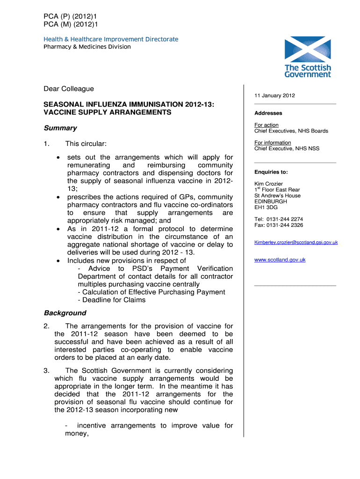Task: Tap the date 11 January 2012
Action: (x=274, y=95)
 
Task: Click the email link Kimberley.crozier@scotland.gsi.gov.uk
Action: (x=296, y=242)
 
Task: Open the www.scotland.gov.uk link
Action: (x=280, y=260)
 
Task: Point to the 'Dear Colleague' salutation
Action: (x=69, y=88)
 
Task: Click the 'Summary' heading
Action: (x=60, y=128)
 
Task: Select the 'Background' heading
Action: (x=65, y=313)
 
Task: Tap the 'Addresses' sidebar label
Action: (x=268, y=113)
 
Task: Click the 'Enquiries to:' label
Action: (x=271, y=172)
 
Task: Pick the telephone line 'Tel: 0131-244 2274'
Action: (x=279, y=219)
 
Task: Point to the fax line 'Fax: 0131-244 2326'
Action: (x=279, y=225)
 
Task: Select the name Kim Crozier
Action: (x=268, y=184)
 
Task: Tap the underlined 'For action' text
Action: (x=266, y=125)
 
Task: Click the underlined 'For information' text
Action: (x=273, y=143)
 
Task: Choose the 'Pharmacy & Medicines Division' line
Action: (x=87, y=47)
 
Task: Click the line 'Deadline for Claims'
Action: (x=112, y=300)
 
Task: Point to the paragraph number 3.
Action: (x=46, y=370)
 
